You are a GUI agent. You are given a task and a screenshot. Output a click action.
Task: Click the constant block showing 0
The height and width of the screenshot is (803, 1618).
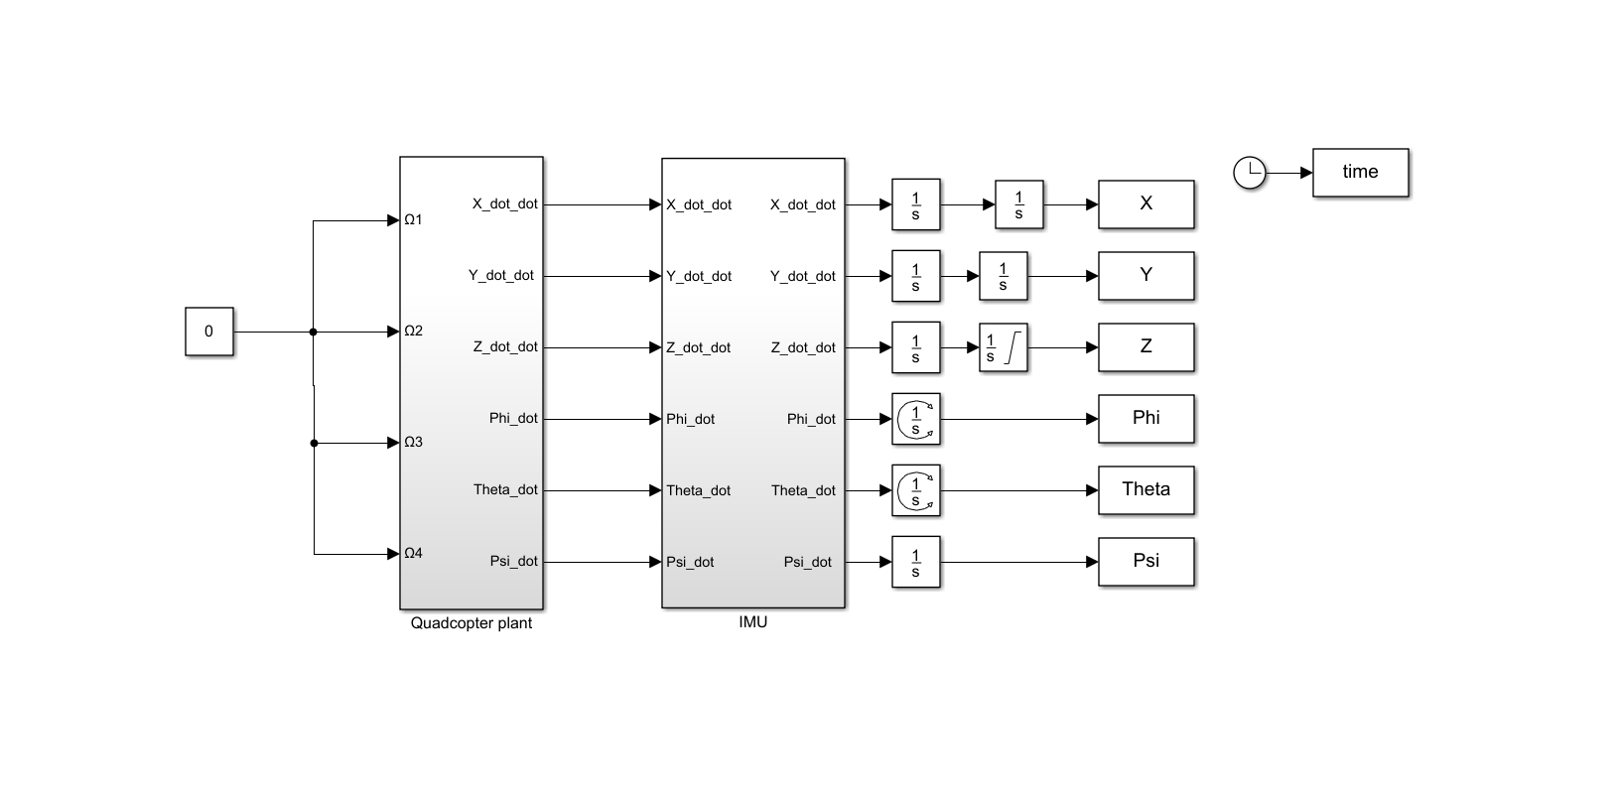208,332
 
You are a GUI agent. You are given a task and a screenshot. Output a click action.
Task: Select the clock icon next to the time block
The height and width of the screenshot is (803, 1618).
1250,173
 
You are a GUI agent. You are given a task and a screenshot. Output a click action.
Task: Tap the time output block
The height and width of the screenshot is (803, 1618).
1360,173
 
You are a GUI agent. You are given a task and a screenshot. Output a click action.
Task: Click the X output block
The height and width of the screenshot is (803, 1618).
1146,204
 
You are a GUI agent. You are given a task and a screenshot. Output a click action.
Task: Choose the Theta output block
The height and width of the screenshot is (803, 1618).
1146,490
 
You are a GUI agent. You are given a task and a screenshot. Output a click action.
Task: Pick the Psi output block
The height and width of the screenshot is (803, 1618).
1146,562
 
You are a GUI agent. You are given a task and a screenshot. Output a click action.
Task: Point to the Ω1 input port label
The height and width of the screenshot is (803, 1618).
413,220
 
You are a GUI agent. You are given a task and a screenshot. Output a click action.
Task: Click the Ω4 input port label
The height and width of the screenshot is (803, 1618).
413,554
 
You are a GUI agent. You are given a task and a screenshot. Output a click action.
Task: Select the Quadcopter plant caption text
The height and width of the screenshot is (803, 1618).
472,623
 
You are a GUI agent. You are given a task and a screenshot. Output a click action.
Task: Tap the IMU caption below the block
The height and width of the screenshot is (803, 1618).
753,622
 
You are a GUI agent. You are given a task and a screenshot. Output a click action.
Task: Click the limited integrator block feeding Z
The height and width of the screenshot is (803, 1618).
1003,347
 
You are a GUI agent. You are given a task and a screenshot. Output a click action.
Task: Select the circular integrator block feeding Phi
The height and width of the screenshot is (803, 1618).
915,419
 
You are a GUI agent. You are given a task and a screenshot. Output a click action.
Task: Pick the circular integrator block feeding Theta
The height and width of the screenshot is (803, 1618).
915,490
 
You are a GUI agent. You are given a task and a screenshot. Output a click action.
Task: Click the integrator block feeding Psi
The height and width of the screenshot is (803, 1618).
915,562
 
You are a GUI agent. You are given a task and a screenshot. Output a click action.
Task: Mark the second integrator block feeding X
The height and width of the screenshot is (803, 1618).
1018,204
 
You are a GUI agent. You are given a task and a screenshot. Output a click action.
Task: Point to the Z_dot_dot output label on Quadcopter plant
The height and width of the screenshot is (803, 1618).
505,347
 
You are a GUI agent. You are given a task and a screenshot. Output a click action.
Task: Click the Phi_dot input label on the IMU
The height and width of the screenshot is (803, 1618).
690,419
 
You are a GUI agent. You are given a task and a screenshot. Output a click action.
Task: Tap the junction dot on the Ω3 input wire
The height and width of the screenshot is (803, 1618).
314,443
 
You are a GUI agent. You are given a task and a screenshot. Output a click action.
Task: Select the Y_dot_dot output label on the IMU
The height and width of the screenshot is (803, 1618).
802,276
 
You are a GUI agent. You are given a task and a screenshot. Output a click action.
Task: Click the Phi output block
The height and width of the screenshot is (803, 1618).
1146,419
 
